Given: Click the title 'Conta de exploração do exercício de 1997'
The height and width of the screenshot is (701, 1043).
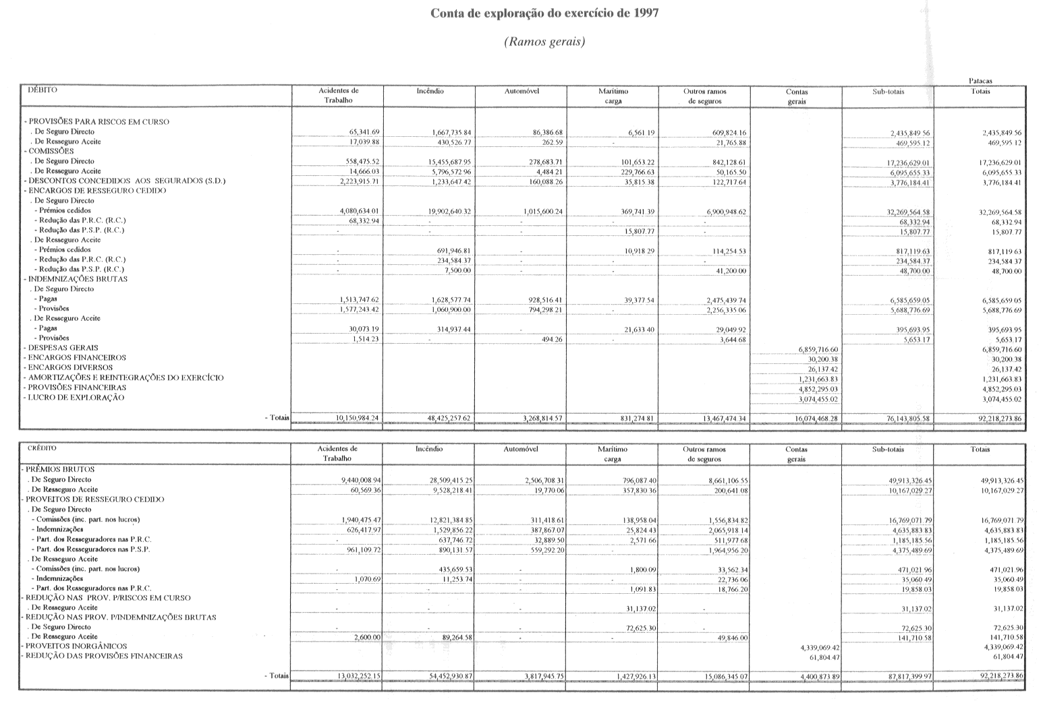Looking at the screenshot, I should point(545,13).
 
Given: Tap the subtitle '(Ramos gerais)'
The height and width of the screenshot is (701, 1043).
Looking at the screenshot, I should point(544,42).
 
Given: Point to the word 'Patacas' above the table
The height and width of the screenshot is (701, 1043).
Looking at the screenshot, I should point(980,81).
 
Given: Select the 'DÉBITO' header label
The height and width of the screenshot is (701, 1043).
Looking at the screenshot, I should point(42,90).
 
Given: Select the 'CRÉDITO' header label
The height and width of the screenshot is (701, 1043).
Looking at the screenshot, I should point(42,448).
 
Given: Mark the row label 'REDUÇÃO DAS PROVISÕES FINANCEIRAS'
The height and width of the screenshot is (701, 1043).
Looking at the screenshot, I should point(104,656).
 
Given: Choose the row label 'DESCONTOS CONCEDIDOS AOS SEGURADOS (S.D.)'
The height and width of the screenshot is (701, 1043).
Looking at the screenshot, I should point(126,181).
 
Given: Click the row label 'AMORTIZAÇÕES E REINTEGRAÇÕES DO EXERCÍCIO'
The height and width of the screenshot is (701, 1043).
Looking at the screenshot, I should point(125,378).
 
